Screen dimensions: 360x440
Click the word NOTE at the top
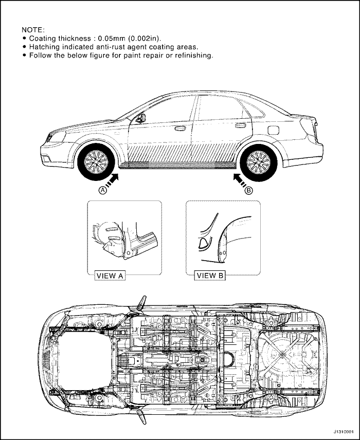point(33,30)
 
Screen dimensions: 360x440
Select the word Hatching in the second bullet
point(44,47)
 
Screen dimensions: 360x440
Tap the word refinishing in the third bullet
point(194,56)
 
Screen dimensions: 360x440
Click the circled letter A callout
point(103,190)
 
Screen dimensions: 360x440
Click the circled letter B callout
point(249,191)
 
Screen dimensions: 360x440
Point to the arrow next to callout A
point(112,180)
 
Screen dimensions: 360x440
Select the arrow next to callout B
point(240,180)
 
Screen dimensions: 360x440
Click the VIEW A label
point(110,276)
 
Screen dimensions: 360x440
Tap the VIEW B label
point(210,276)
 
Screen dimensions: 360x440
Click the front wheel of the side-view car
point(96,162)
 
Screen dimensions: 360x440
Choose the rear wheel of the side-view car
point(259,162)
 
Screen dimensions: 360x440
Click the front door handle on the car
point(180,128)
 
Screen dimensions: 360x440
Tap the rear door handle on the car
point(240,125)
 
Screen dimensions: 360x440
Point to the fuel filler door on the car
point(273,130)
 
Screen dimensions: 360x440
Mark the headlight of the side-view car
point(57,136)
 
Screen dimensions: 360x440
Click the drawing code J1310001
point(344,431)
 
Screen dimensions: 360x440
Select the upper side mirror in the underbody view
point(142,304)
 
